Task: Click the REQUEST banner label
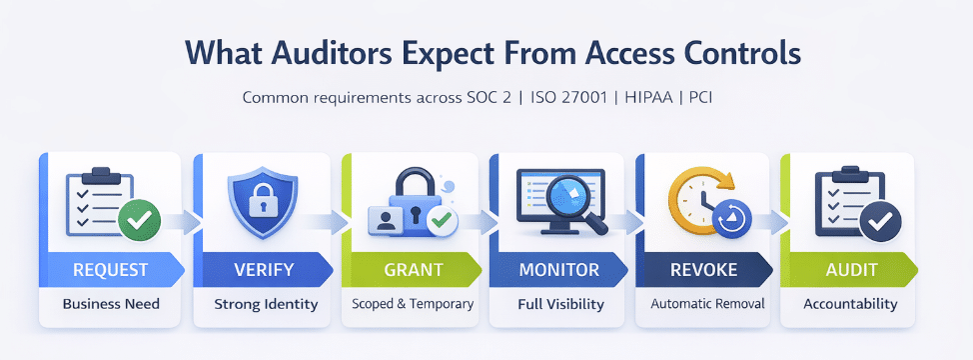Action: coord(110,270)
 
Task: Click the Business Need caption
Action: coord(110,304)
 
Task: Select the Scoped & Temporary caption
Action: coord(411,304)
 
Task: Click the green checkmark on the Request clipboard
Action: coord(138,219)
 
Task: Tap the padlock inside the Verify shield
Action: coord(261,201)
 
